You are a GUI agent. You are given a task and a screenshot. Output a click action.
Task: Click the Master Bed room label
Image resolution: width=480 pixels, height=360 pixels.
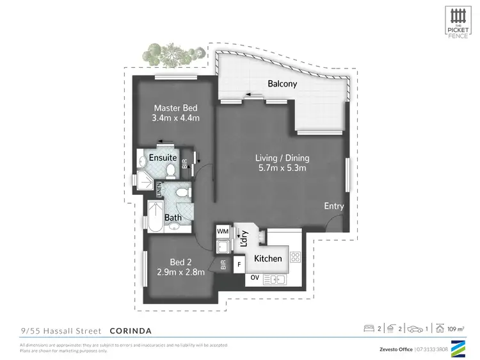click(175, 108)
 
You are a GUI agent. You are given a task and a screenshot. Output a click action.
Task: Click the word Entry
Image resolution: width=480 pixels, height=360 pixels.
click(333, 206)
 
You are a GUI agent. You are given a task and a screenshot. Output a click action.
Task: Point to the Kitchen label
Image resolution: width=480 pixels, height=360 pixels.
click(268, 259)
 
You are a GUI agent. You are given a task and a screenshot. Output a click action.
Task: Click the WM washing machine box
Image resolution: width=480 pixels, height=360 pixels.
click(223, 231)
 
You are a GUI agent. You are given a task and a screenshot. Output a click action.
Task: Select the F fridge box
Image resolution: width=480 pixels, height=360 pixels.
click(239, 263)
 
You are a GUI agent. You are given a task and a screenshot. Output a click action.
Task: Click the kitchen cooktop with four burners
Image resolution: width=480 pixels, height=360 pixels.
click(295, 258)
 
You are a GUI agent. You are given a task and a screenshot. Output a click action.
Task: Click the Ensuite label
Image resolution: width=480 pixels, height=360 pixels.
click(163, 158)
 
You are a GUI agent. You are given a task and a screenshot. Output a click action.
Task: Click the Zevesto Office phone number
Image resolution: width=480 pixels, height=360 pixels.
click(440, 348)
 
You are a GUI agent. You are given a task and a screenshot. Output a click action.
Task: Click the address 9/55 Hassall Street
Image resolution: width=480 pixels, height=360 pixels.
click(61, 331)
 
